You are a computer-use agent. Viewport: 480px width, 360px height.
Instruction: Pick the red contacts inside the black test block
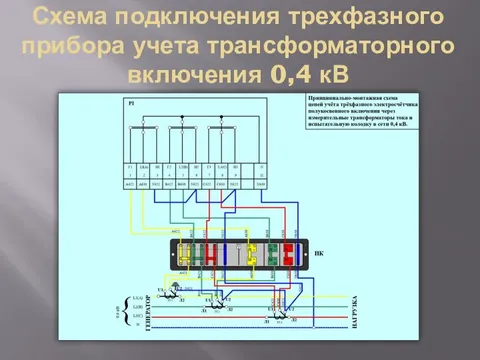click(287, 256)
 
